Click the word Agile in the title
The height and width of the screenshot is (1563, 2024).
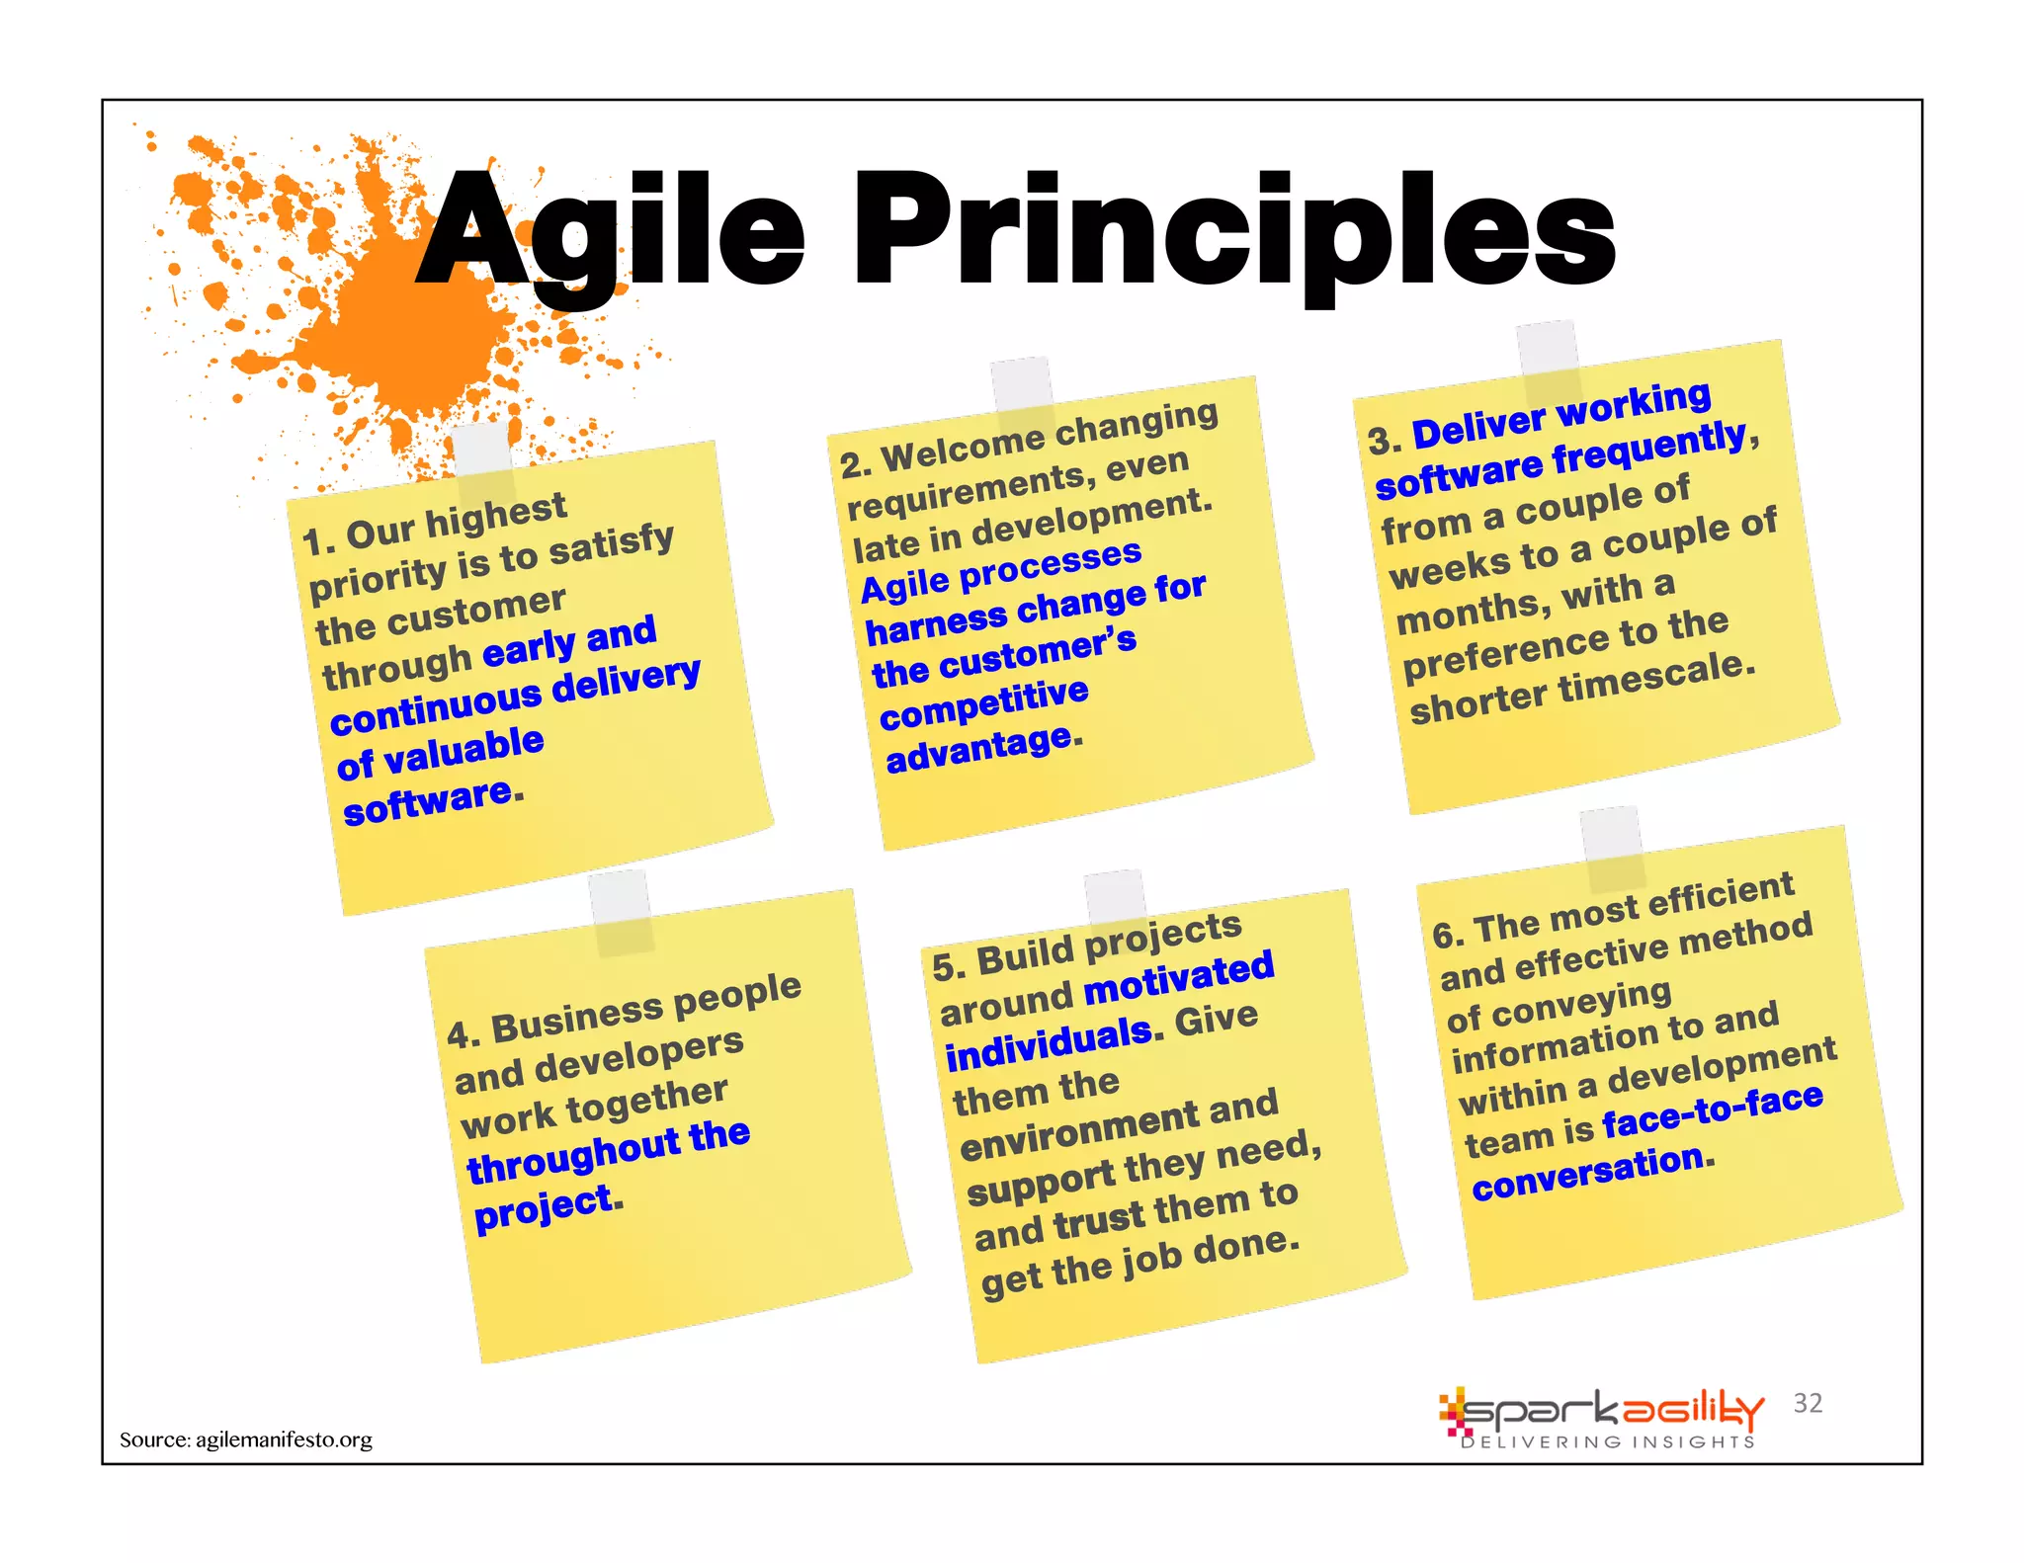(x=611, y=232)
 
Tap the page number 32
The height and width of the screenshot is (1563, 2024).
(x=1808, y=1403)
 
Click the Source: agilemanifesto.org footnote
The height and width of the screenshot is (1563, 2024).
(x=246, y=1440)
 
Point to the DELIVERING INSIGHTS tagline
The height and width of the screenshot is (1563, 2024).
(x=1608, y=1442)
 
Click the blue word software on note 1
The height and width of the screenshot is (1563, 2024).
(x=427, y=802)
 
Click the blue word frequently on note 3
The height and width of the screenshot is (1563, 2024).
(x=1648, y=448)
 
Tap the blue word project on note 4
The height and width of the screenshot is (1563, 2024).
(x=544, y=1207)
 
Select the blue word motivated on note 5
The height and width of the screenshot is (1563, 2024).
(x=1179, y=979)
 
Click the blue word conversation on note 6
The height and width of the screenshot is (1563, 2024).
(x=1588, y=1172)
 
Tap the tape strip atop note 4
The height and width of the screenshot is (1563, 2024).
(x=621, y=913)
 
